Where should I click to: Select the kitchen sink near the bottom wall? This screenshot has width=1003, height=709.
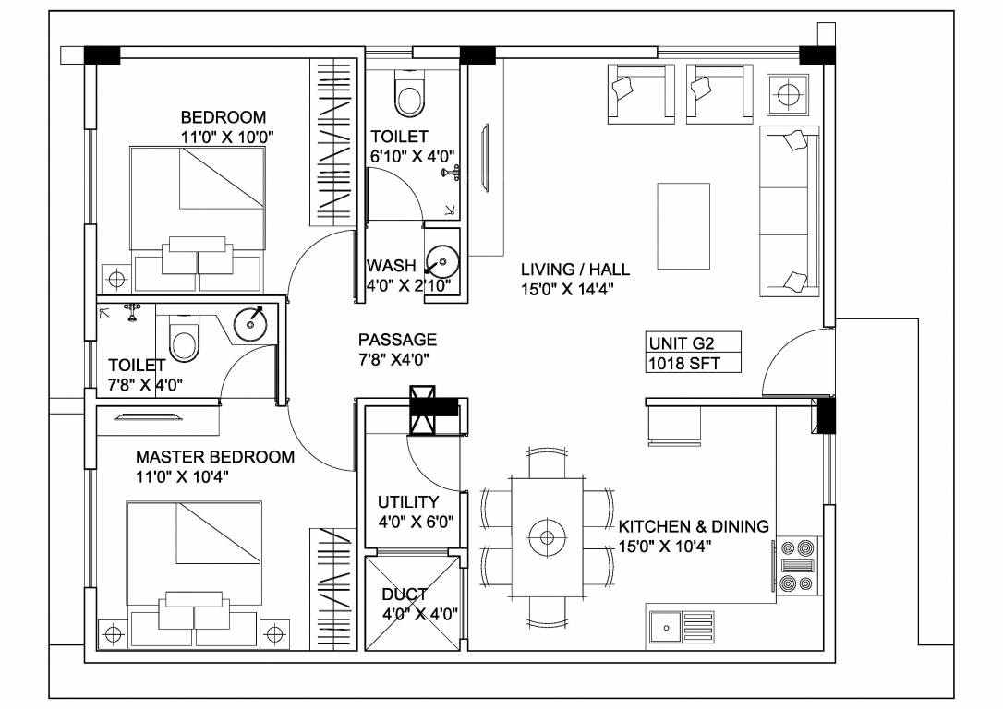[x=682, y=629]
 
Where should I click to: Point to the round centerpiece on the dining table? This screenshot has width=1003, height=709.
[x=546, y=534]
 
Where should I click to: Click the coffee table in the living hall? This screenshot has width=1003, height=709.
[x=683, y=224]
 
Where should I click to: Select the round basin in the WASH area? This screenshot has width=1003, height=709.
[x=444, y=261]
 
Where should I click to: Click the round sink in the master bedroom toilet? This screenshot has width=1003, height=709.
[x=250, y=322]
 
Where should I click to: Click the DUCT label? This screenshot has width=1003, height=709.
[x=405, y=595]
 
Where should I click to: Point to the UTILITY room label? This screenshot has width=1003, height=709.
[x=408, y=502]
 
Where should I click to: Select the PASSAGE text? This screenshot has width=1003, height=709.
[x=397, y=340]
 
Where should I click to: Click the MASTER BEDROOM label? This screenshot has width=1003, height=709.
[x=215, y=457]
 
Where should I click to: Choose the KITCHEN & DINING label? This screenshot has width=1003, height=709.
[x=693, y=526]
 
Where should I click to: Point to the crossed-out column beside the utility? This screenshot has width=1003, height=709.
[x=427, y=409]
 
